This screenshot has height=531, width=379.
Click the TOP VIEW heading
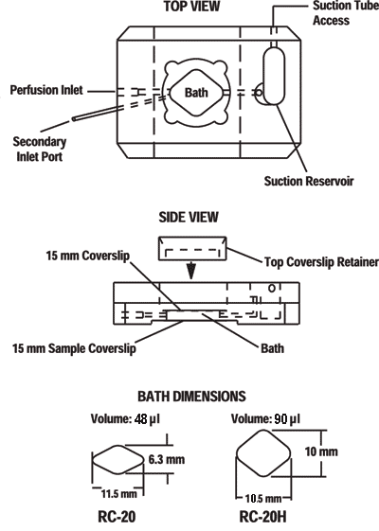191,6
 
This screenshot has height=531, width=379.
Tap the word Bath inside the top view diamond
196,93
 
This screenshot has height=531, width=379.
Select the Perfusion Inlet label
46,90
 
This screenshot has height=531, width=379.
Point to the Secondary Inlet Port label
40,149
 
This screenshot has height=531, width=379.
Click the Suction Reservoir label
309,181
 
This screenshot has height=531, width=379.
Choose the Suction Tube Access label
345,13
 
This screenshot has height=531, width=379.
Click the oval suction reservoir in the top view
274,76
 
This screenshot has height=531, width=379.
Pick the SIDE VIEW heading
189,217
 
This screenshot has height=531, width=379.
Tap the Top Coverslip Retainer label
321,262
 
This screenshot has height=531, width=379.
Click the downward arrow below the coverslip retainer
191,271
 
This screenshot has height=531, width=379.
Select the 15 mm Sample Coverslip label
74,348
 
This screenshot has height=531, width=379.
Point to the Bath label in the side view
272,348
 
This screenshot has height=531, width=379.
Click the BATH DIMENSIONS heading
191,397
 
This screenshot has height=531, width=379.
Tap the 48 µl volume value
147,419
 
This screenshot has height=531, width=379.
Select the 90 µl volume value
287,419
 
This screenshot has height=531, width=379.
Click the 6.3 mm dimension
167,459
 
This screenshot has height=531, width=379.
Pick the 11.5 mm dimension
119,494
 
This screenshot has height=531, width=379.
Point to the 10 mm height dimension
321,451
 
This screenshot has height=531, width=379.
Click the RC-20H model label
262,517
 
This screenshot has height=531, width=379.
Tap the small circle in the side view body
272,288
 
